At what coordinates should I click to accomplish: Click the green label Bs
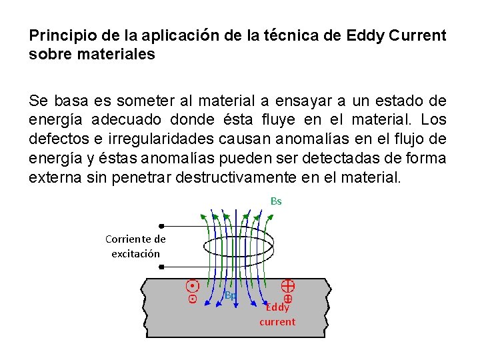(x=276, y=201)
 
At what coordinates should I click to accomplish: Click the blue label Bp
(x=230, y=295)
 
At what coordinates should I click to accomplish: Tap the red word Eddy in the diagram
(x=277, y=307)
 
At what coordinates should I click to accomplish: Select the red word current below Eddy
(x=277, y=321)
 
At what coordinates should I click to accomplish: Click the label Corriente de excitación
(x=135, y=246)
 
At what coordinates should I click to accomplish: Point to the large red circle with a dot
(x=192, y=286)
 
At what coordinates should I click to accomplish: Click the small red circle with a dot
(x=192, y=299)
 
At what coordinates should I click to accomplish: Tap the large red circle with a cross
(x=288, y=286)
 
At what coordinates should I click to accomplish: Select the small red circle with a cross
(x=288, y=299)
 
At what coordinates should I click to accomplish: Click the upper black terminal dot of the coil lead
(x=161, y=226)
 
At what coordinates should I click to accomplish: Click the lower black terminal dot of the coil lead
(x=161, y=266)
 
